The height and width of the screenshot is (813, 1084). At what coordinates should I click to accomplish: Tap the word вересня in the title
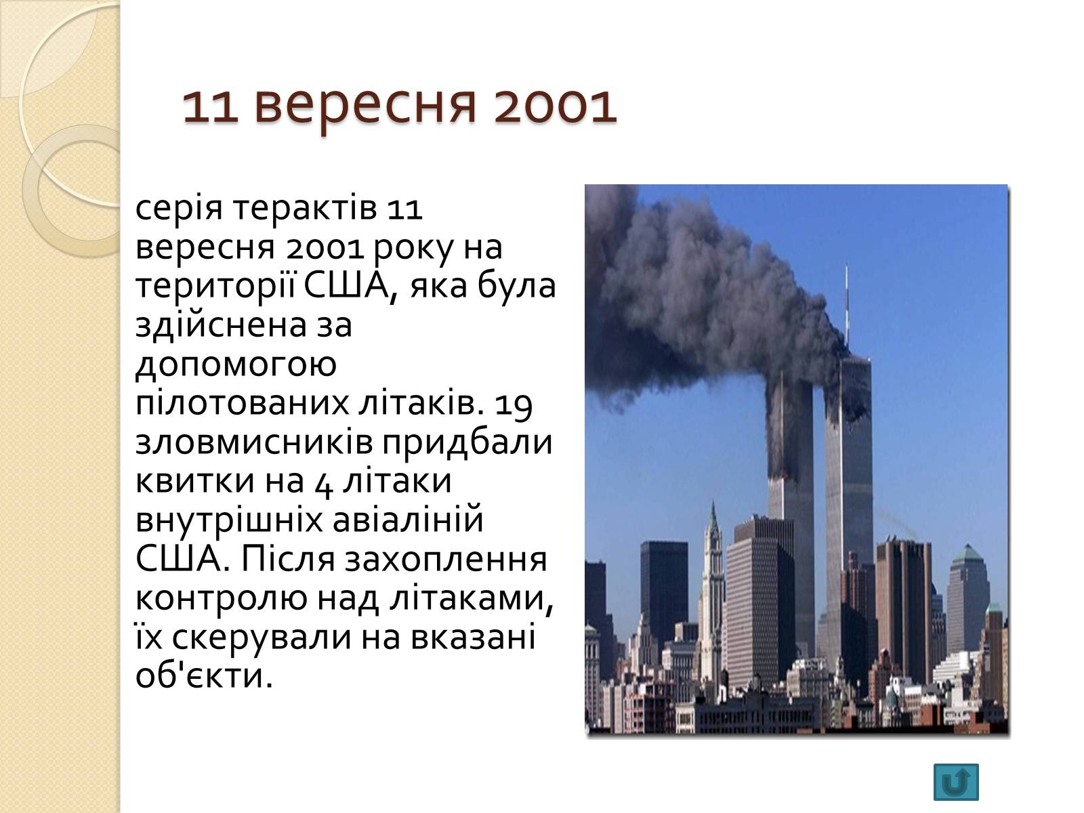click(365, 108)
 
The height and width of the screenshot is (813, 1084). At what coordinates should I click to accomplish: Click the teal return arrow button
click(956, 782)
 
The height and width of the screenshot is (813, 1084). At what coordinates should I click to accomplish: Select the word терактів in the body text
click(304, 209)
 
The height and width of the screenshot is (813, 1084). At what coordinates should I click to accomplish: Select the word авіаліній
click(407, 519)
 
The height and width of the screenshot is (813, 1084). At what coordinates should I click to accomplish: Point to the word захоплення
click(445, 560)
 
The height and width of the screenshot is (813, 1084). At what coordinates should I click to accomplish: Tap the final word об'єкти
click(203, 675)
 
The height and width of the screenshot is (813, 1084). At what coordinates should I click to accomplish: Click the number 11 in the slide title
click(211, 106)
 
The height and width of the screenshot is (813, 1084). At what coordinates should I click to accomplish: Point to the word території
click(215, 287)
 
